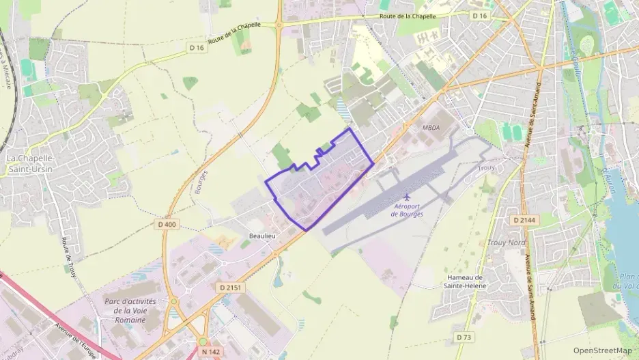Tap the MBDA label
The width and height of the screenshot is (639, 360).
point(431,128)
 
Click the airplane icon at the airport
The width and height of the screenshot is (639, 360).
point(408,197)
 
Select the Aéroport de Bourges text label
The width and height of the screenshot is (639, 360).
point(408,210)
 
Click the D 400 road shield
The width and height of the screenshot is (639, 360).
point(167,224)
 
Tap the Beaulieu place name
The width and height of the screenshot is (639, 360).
point(261,235)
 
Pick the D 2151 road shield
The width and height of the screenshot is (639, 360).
point(232,288)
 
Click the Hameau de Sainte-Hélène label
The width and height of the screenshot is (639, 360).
point(464,281)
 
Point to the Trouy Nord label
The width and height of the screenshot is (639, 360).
point(506,243)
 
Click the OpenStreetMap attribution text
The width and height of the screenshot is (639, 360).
point(603,350)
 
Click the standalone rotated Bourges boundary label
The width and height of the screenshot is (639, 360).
point(200,182)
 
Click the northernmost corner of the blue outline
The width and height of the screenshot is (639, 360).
point(350,128)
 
